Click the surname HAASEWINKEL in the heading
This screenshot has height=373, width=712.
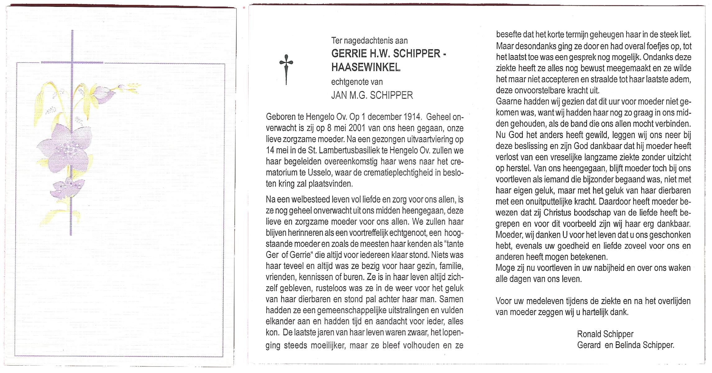click(366, 67)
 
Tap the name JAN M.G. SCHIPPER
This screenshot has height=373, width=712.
click(372, 95)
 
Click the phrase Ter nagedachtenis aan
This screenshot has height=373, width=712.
click(369, 41)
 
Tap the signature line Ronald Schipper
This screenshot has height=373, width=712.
click(605, 334)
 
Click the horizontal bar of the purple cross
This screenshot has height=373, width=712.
click(72, 62)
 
